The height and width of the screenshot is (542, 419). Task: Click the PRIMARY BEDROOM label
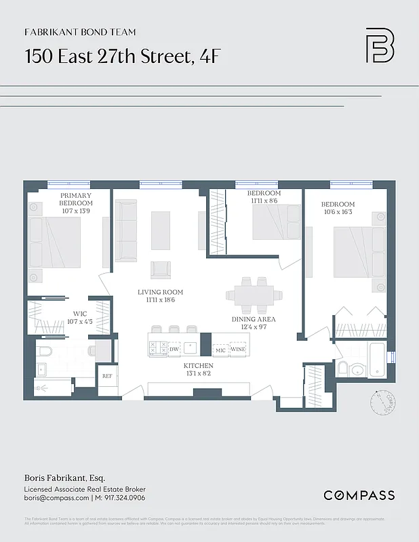(76, 199)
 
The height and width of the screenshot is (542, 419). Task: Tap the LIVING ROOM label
(161, 292)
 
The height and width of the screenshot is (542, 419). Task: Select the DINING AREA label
(254, 319)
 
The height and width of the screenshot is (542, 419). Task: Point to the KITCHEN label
(199, 365)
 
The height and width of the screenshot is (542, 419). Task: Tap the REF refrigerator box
(107, 375)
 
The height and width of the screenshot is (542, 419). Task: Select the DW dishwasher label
(174, 349)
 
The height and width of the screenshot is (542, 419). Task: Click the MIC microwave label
(220, 350)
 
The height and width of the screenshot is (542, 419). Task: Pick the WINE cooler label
(238, 350)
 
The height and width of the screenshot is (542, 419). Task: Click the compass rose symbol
(382, 404)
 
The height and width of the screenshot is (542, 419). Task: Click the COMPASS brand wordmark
(359, 495)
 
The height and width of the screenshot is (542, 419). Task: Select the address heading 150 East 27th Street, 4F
(122, 56)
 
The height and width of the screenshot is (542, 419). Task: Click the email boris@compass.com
(56, 499)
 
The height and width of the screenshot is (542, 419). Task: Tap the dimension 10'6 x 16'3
(338, 213)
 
